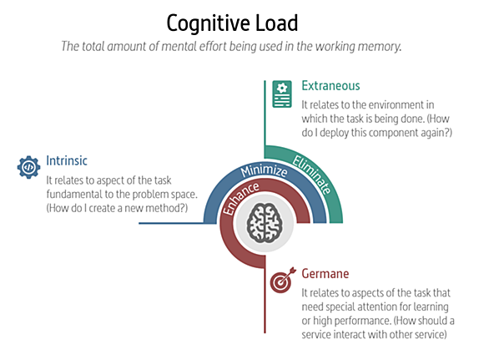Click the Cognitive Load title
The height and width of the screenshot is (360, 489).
(x=232, y=23)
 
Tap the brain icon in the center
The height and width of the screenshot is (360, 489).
(x=265, y=223)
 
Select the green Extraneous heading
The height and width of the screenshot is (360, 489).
(x=330, y=85)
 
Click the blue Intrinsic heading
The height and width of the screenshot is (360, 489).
(x=67, y=161)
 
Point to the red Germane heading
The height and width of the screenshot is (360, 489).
(x=325, y=273)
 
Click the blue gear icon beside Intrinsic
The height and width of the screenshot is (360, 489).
(x=28, y=167)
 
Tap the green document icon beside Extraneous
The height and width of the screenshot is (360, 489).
(x=282, y=94)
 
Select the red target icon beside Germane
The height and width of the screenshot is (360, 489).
(x=283, y=280)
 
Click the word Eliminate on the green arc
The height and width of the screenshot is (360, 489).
(x=312, y=175)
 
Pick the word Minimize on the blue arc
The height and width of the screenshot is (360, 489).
(x=265, y=170)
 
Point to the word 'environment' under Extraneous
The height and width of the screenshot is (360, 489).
(x=383, y=105)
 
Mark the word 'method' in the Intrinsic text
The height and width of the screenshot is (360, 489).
(x=163, y=208)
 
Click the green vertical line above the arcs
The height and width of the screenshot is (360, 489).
(x=265, y=113)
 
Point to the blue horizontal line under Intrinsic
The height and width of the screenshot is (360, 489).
(x=171, y=223)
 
